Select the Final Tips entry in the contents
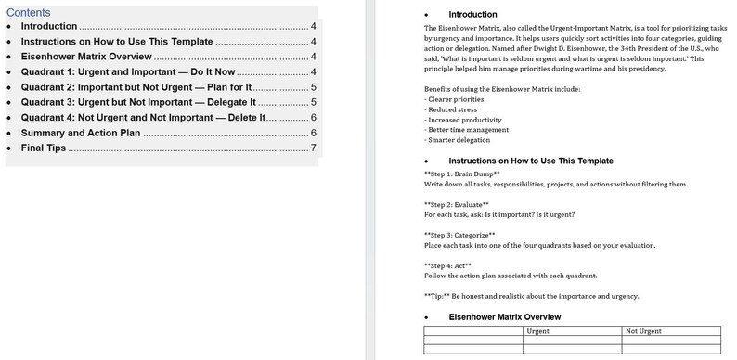pyautogui.click(x=44, y=148)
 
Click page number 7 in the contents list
pyautogui.click(x=315, y=148)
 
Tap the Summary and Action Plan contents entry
pyautogui.click(x=80, y=133)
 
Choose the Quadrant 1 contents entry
pyautogui.click(x=127, y=71)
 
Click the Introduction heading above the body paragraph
pyautogui.click(x=472, y=15)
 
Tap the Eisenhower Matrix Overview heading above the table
pyautogui.click(x=504, y=317)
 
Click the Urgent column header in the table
pyautogui.click(x=537, y=330)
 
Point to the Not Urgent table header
pyautogui.click(x=643, y=330)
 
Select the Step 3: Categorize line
pyautogui.click(x=459, y=235)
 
